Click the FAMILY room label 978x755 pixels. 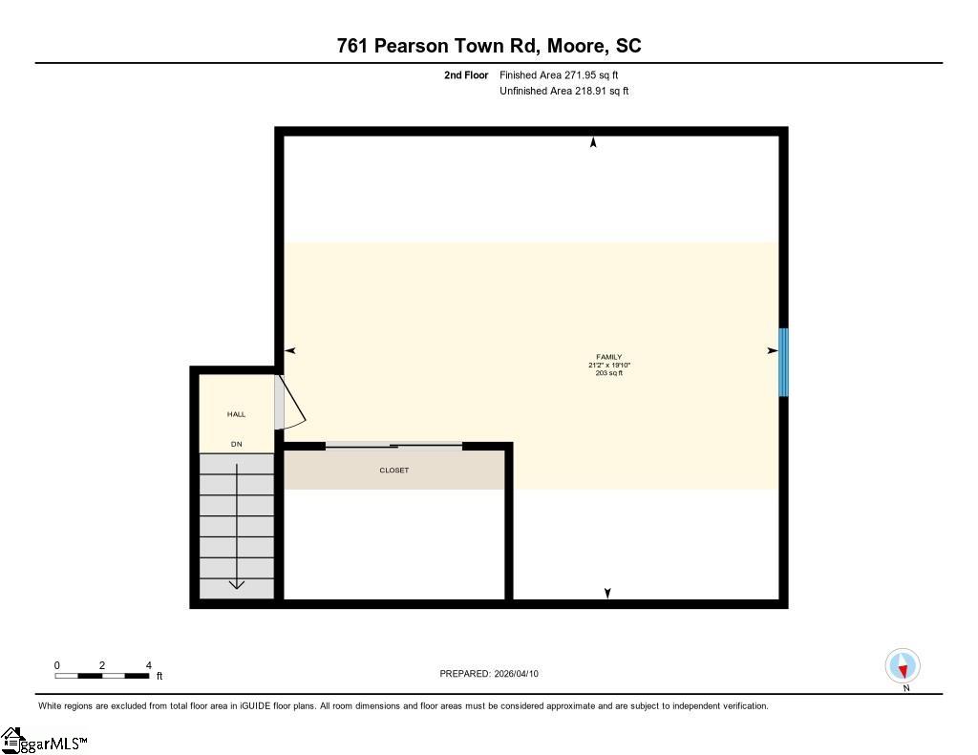(608, 357)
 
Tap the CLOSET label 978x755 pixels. (394, 470)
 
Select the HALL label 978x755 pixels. (237, 414)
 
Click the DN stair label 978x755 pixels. (237, 444)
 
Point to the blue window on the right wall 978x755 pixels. (783, 362)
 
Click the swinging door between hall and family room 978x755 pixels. (290, 402)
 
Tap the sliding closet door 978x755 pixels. (393, 445)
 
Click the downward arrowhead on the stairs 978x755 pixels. (237, 584)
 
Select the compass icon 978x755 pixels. (903, 666)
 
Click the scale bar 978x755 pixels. (101, 676)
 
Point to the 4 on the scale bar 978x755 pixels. (148, 665)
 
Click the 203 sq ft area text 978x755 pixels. (608, 373)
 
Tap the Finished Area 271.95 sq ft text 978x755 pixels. (559, 74)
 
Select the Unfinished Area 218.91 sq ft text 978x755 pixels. (563, 91)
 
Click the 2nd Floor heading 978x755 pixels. (466, 74)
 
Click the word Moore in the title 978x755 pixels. (576, 46)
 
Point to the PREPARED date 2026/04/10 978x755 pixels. (516, 673)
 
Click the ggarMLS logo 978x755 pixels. (44, 741)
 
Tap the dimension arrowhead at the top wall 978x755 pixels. (593, 142)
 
